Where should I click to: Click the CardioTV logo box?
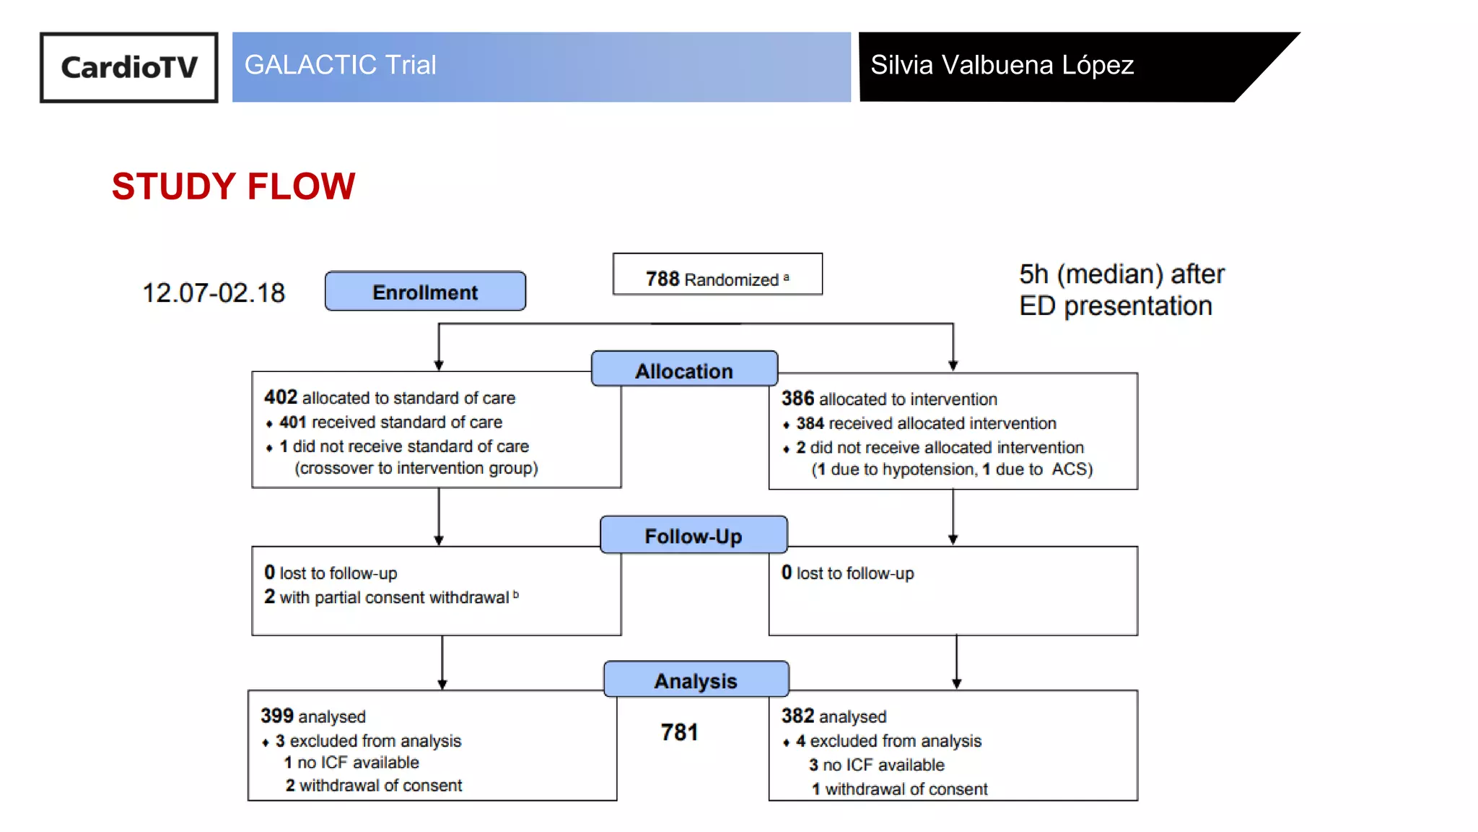click(x=128, y=67)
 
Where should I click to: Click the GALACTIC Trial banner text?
click(x=340, y=65)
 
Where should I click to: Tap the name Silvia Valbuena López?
click(x=1002, y=65)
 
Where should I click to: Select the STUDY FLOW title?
click(x=233, y=186)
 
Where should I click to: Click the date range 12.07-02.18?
click(x=214, y=292)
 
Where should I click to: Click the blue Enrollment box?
click(x=425, y=292)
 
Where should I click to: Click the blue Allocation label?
click(x=684, y=370)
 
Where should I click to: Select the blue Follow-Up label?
click(x=693, y=536)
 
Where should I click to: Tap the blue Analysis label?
click(x=696, y=680)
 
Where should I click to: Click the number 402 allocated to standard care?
click(x=281, y=397)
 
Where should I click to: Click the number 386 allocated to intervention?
click(x=797, y=399)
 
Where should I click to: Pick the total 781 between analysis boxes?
click(x=679, y=732)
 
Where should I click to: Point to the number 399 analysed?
click(x=277, y=716)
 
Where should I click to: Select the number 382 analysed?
click(x=797, y=716)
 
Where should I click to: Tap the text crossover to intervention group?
click(x=416, y=468)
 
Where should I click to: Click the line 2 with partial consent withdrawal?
click(x=390, y=597)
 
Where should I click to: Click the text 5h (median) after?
click(x=1121, y=274)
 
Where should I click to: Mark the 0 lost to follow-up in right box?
click(x=847, y=573)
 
